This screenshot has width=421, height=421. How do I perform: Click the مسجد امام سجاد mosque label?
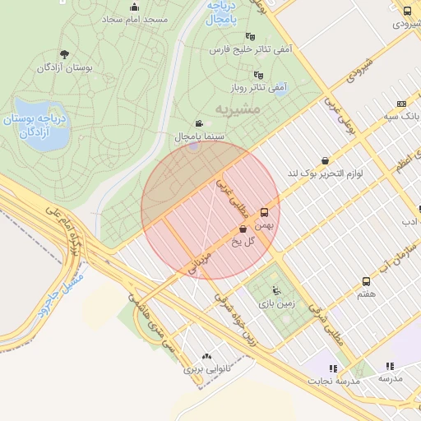[137, 18]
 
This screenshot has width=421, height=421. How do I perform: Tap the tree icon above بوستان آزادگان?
[62, 54]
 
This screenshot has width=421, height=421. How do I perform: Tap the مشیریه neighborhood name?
[238, 108]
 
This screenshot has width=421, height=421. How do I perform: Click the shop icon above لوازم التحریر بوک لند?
[326, 160]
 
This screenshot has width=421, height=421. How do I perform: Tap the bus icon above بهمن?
[264, 211]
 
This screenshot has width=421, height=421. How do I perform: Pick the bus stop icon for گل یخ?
[243, 229]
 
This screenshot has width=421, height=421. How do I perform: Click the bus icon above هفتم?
[367, 281]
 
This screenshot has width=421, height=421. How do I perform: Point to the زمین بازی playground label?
[280, 302]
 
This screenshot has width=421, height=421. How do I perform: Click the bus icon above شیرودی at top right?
[408, 11]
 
